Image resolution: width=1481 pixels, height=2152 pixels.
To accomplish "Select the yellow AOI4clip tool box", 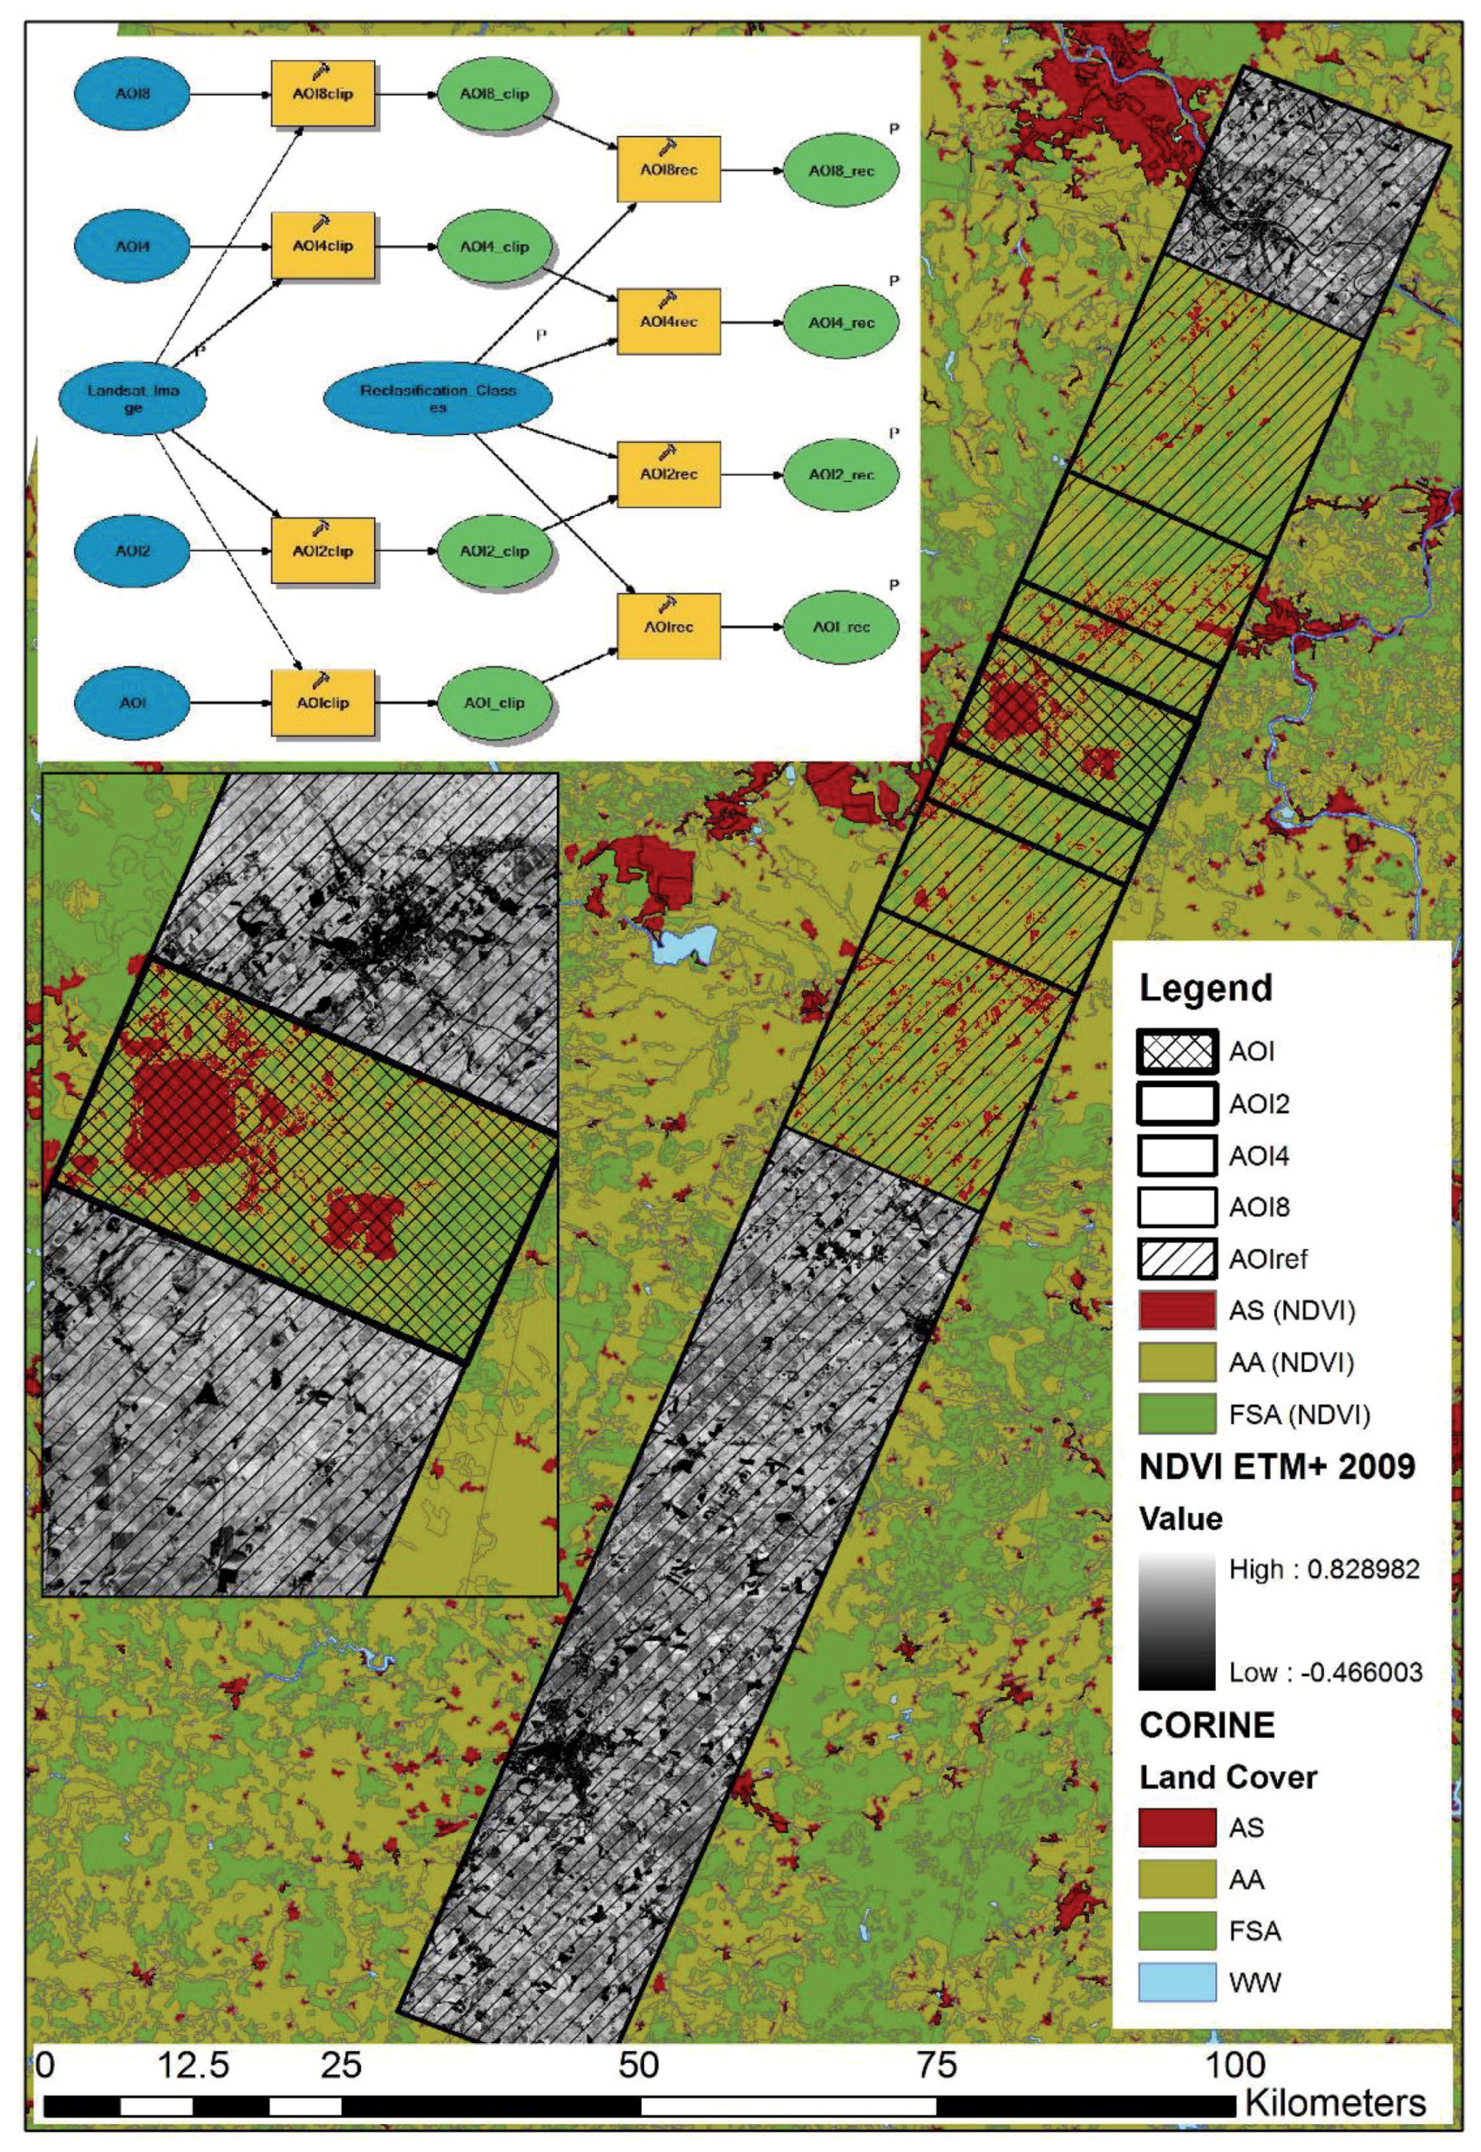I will click(x=323, y=246).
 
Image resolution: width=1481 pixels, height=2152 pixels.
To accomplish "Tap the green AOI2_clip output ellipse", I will click(x=495, y=551).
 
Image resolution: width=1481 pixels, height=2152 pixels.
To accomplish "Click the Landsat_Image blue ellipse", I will click(x=133, y=399).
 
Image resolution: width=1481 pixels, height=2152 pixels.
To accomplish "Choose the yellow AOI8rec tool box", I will click(x=668, y=171).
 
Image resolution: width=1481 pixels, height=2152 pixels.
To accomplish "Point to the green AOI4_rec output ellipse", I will click(x=841, y=323).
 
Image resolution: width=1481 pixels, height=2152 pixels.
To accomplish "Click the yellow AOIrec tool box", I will click(x=668, y=627).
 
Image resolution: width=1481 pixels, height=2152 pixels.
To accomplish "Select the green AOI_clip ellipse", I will click(x=495, y=703).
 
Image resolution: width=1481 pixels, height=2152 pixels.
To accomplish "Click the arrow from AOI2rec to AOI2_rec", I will click(x=751, y=475).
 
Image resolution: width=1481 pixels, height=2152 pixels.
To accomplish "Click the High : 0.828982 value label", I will click(x=1324, y=1569).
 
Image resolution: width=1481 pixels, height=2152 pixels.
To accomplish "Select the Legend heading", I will click(x=1205, y=988).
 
